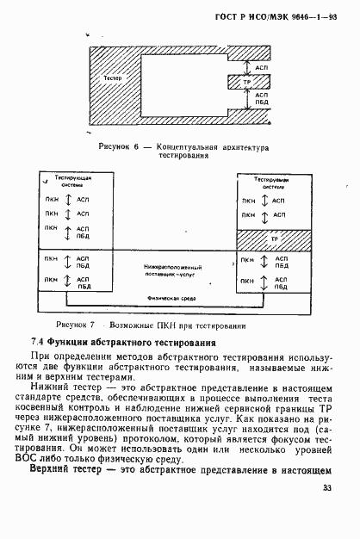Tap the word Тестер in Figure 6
(x=112, y=78)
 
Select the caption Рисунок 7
(x=77, y=325)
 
